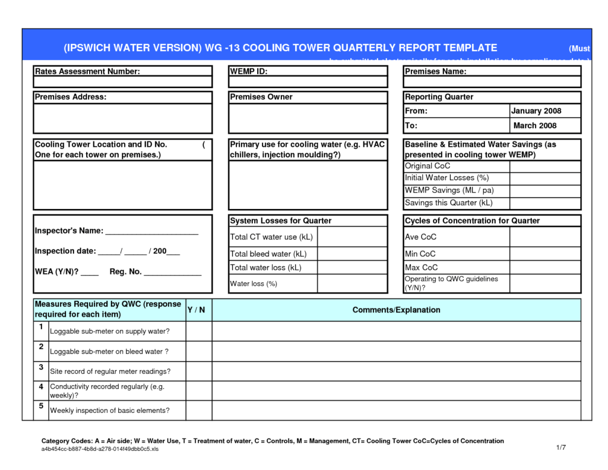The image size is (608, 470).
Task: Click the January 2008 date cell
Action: (x=536, y=111)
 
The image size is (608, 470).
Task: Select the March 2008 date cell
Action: (x=534, y=125)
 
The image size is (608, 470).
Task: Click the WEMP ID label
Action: (x=249, y=71)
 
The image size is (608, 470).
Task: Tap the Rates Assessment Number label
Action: (x=87, y=71)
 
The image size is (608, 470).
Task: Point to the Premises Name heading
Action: (x=435, y=71)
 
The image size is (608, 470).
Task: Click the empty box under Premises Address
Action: (x=122, y=119)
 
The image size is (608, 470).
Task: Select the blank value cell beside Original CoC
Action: (x=544, y=166)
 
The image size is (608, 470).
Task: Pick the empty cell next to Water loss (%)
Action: (x=352, y=283)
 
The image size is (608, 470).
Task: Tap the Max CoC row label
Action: (x=421, y=267)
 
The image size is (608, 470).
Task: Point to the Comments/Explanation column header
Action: (x=396, y=310)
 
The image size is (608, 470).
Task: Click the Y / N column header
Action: (x=196, y=310)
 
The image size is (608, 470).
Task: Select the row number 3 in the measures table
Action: (x=41, y=367)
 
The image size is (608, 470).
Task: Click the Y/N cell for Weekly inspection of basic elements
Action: (x=199, y=410)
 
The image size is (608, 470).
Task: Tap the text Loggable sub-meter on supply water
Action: (x=110, y=331)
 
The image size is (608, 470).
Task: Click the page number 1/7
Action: (x=560, y=447)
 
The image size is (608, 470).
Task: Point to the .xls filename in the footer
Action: (x=100, y=449)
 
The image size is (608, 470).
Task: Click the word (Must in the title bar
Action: (x=579, y=48)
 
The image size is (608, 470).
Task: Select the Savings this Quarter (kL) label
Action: (x=449, y=203)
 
